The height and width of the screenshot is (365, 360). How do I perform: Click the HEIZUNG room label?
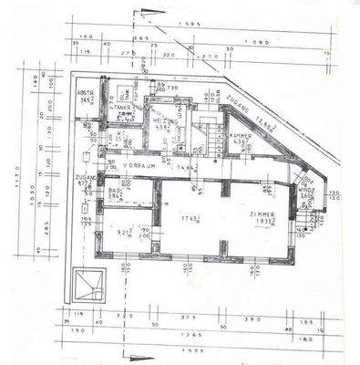click(x=164, y=120)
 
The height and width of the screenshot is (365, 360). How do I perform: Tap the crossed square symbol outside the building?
click(x=87, y=282)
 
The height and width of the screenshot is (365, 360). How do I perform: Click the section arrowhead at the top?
click(x=151, y=12)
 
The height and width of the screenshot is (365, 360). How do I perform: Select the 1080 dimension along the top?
click(x=263, y=42)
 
